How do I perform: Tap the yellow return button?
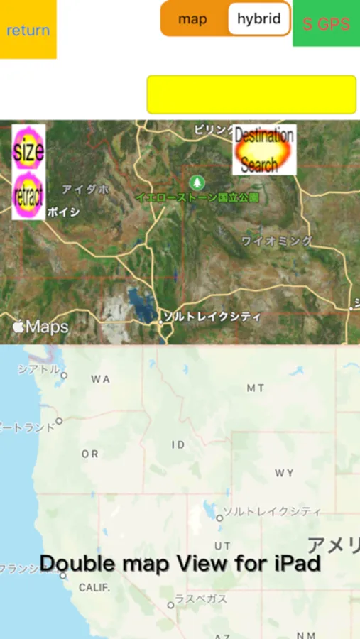[28, 30]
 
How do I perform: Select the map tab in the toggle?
[192, 19]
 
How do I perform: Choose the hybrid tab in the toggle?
[258, 19]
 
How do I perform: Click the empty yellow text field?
[251, 94]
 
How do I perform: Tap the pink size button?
[28, 149]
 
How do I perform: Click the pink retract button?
[28, 194]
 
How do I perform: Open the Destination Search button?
[264, 150]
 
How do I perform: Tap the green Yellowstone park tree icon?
[197, 182]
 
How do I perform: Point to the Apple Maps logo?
[40, 327]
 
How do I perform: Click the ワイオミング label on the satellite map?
[276, 241]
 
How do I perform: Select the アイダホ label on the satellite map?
[85, 190]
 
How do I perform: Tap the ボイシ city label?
[63, 212]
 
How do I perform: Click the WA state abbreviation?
[100, 379]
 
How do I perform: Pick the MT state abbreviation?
[256, 388]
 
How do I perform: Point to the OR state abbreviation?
[90, 454]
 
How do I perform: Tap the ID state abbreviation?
[178, 444]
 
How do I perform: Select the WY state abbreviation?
[284, 473]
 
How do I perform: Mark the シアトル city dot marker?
[64, 375]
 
